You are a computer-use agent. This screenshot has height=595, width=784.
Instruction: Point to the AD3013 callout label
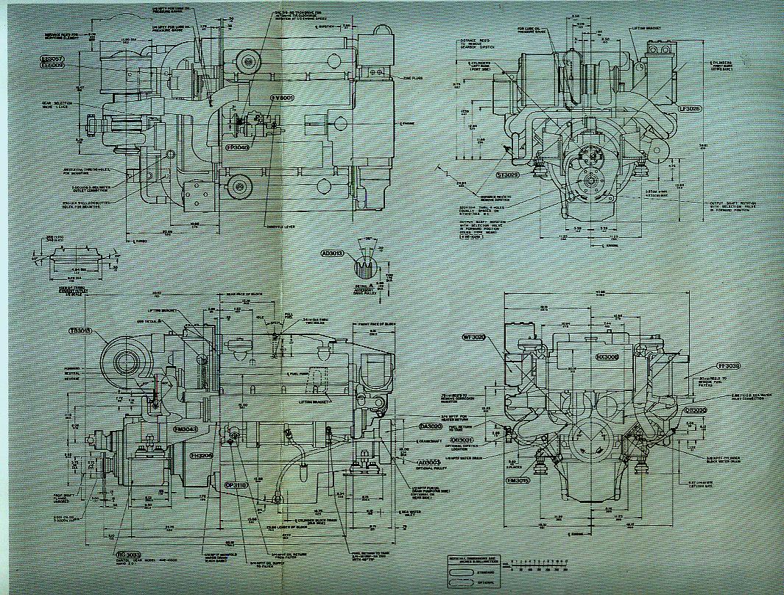point(333,253)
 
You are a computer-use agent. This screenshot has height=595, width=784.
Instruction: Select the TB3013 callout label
point(80,331)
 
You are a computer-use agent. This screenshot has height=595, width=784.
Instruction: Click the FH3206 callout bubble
point(201,456)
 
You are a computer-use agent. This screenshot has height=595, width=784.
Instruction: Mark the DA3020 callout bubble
point(430,426)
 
